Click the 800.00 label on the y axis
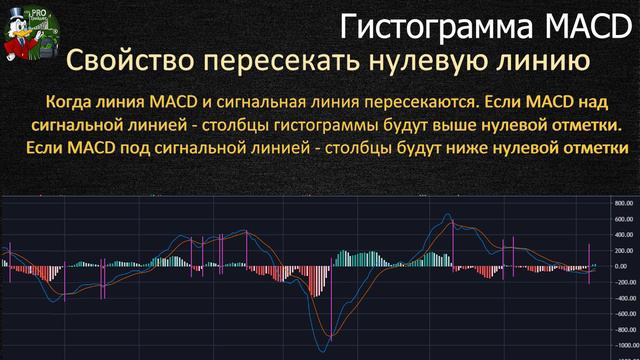point(625,202)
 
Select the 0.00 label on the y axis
point(628,266)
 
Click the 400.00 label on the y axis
point(625,234)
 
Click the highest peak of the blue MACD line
point(446,214)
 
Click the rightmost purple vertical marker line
point(589,263)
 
